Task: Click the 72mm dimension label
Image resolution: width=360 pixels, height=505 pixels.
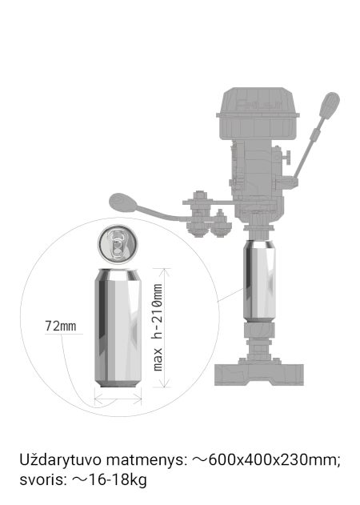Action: [61, 326]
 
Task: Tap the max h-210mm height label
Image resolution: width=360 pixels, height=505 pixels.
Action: [157, 327]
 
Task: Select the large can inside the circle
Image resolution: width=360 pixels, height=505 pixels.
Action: [118, 327]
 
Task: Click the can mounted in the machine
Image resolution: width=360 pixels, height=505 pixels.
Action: [259, 281]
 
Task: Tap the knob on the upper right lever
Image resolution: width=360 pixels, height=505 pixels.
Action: [330, 106]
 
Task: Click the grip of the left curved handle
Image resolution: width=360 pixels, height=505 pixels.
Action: [122, 203]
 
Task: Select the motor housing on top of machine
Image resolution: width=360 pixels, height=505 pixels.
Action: [257, 113]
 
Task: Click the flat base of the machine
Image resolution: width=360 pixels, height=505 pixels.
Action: [259, 374]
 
